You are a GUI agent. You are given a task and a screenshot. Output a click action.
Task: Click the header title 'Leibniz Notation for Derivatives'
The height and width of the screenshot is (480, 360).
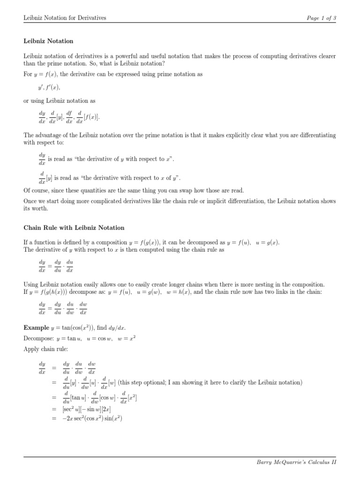point(65,18)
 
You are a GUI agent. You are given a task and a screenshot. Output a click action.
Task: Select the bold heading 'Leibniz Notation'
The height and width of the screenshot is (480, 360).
point(48,41)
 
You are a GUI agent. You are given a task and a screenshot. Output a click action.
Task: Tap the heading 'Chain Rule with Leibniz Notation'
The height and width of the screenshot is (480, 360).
point(74,228)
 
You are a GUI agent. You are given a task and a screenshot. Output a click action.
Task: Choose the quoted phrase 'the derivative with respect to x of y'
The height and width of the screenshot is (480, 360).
point(127,178)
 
